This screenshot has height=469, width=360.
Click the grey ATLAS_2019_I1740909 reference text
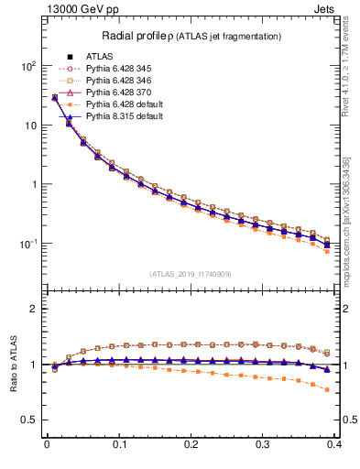point(191,273)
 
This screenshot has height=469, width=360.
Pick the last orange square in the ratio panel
point(328,389)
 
